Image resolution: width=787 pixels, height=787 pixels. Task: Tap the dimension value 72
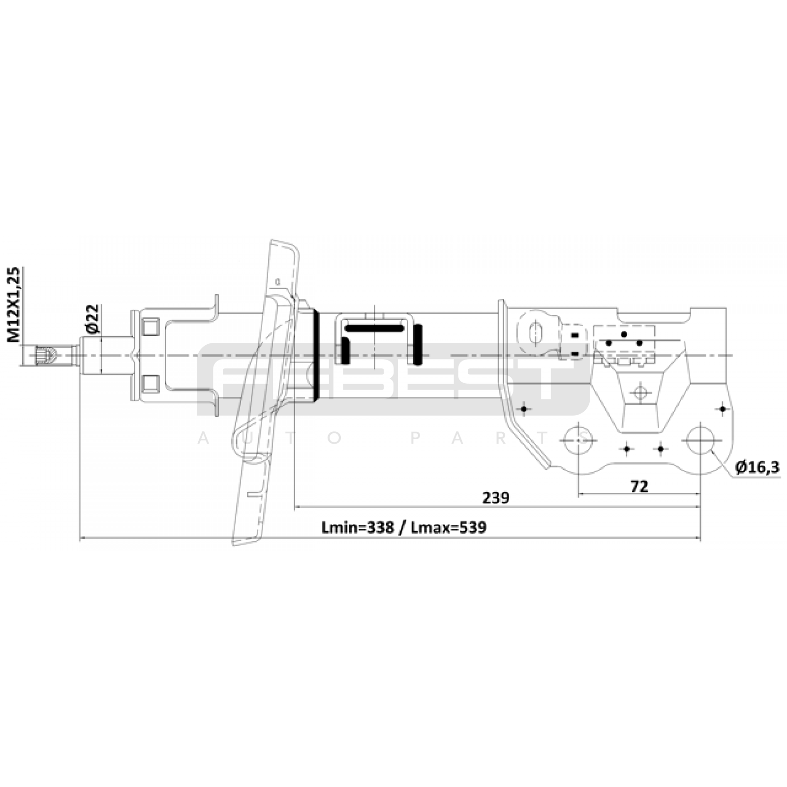tap(639, 486)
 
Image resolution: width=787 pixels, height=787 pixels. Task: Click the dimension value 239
tap(495, 498)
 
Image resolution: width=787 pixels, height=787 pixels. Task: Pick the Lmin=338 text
tap(358, 527)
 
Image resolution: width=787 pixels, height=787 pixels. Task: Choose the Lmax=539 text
tap(449, 527)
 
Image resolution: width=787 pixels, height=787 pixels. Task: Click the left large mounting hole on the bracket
tap(578, 439)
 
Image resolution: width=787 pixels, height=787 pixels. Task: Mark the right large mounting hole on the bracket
tap(700, 439)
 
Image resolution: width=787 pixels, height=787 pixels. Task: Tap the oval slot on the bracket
tap(535, 333)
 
